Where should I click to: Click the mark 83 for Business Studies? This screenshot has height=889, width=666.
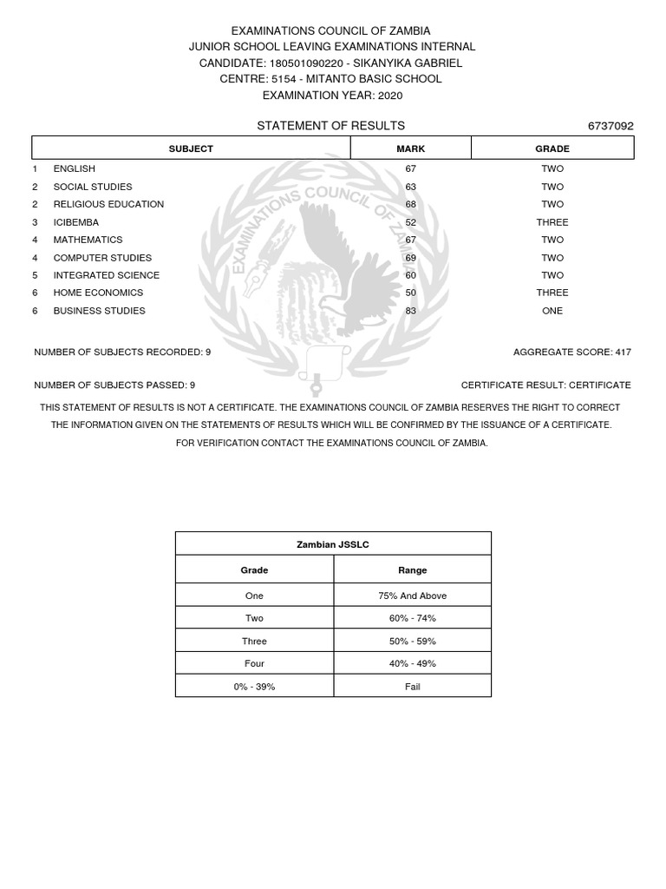coord(410,311)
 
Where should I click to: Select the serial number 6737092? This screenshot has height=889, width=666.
coord(610,126)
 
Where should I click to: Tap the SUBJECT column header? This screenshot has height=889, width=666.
coord(191,148)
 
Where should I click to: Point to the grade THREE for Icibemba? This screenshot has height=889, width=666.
coord(552,222)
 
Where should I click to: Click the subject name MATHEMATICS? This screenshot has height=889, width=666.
coord(88,240)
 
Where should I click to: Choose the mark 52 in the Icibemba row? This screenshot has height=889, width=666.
coord(410,222)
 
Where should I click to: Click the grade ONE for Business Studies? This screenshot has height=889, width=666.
coord(552,311)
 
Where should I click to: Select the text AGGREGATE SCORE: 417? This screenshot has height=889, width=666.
coord(572,352)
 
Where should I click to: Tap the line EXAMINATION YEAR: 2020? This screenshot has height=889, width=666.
coord(332,95)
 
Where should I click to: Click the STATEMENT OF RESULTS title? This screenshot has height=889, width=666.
coord(330,126)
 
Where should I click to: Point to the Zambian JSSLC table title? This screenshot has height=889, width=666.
coord(333,544)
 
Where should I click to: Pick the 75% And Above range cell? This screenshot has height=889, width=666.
coord(412,596)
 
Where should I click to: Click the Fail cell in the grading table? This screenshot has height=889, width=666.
coord(412,687)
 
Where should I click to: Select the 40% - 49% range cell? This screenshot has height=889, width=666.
coord(412,664)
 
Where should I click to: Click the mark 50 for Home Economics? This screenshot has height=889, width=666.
coord(410,293)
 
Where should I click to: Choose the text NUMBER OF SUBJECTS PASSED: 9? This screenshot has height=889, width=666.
coord(114,385)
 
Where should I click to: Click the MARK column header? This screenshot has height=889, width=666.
coord(410,148)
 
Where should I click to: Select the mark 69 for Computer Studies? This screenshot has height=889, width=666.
coord(410,258)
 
